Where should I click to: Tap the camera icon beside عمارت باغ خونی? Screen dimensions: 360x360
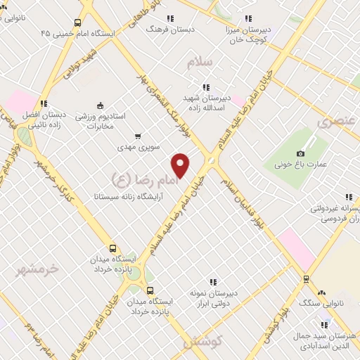(x=301, y=153)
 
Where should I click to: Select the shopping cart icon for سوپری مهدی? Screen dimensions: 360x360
(x=138, y=136)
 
